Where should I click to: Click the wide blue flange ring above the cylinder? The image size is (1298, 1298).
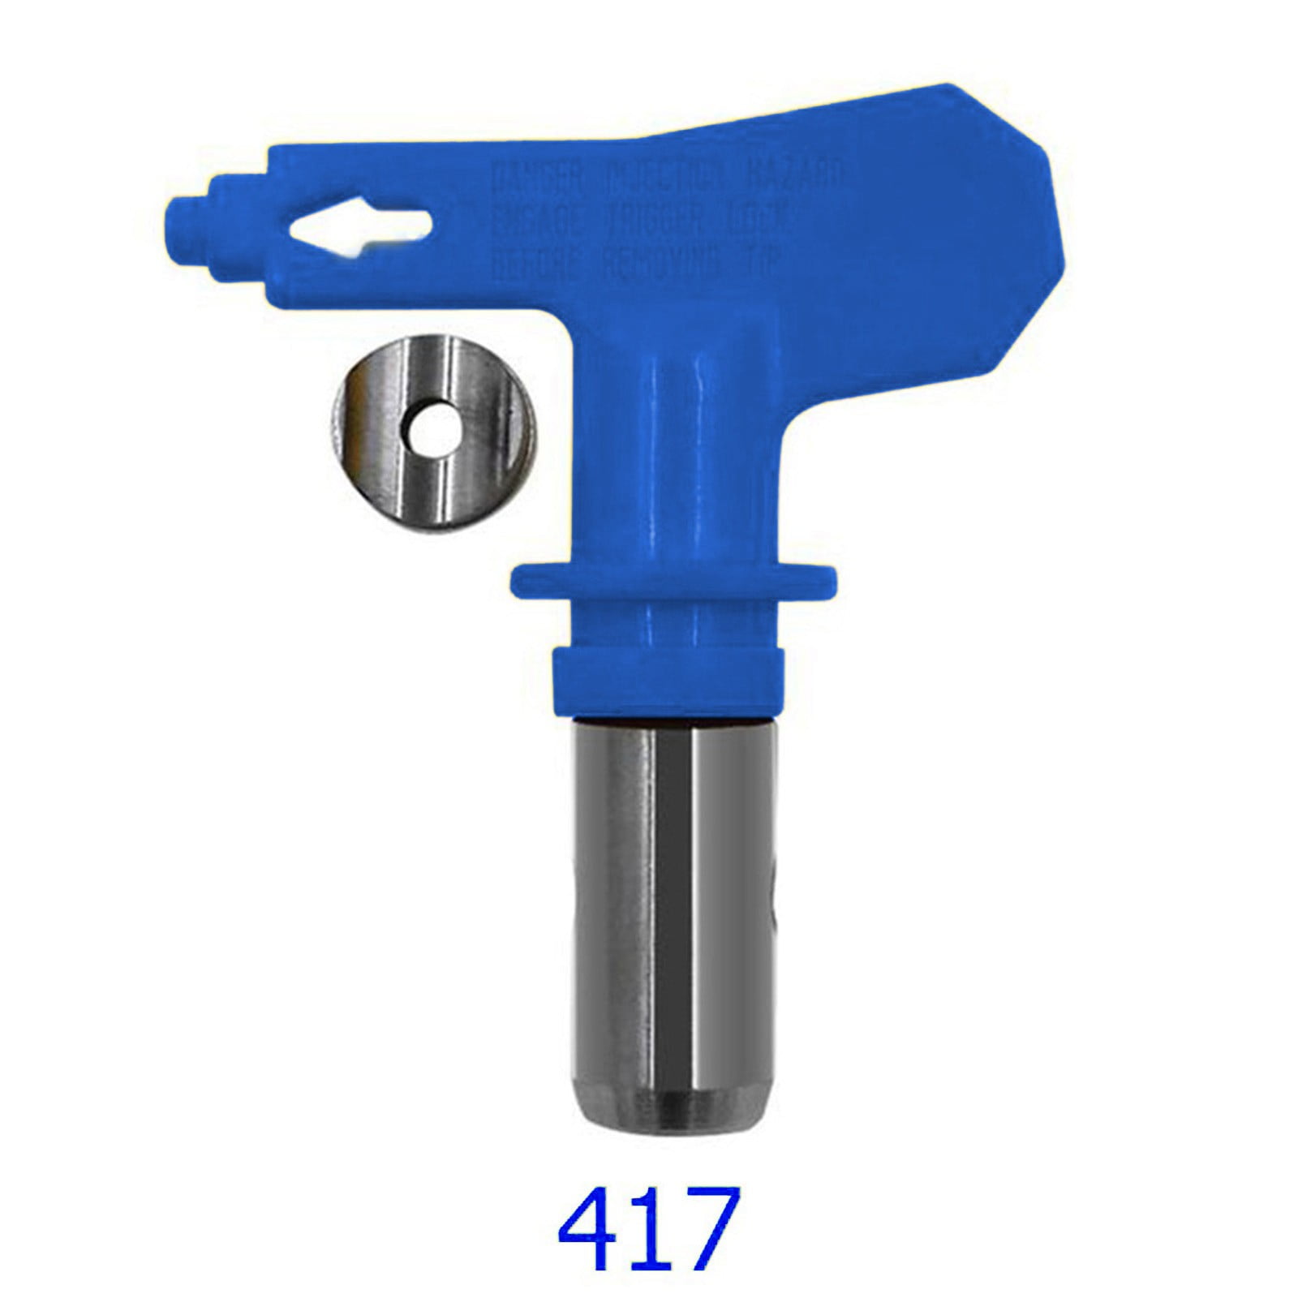(x=673, y=581)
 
